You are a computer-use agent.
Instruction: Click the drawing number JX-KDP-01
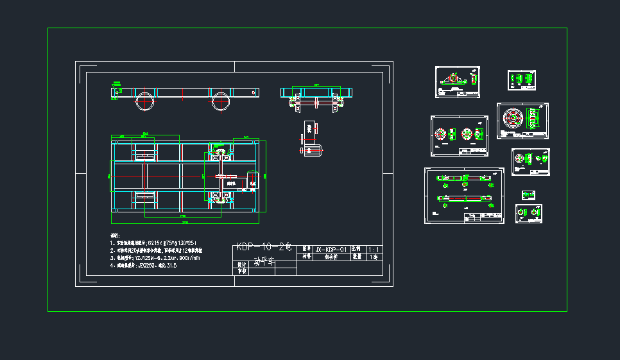coord(331,249)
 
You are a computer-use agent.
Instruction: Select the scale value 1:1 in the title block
coord(374,249)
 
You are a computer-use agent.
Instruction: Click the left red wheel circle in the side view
coord(144,101)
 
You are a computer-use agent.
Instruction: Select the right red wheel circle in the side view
coord(221,101)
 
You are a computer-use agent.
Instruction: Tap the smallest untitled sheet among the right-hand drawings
coord(529,194)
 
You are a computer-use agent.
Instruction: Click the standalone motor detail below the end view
coord(311,137)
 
